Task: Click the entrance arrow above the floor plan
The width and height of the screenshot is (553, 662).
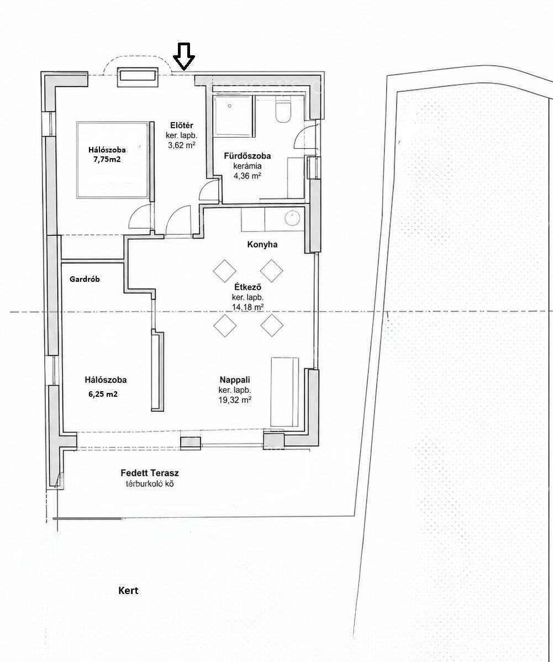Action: pyautogui.click(x=184, y=56)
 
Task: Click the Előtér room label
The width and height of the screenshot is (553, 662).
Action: pyautogui.click(x=182, y=125)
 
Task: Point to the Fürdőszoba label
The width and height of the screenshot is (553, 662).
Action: pyautogui.click(x=247, y=156)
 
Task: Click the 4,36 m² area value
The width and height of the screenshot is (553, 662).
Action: pyautogui.click(x=247, y=176)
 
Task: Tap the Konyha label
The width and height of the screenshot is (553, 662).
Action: pyautogui.click(x=262, y=244)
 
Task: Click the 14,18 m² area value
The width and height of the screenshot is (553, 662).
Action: pyautogui.click(x=248, y=307)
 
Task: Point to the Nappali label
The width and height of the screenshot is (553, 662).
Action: pyautogui.click(x=235, y=379)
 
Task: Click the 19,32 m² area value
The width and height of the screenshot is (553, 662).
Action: pyautogui.click(x=235, y=399)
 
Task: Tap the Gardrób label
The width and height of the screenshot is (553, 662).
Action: pyautogui.click(x=85, y=279)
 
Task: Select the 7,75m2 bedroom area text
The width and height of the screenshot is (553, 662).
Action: pyautogui.click(x=107, y=159)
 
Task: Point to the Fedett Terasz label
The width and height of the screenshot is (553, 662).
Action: pyautogui.click(x=147, y=473)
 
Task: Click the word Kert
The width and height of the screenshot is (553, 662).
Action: pyautogui.click(x=128, y=590)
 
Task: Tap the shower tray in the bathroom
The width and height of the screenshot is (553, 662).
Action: pyautogui.click(x=234, y=115)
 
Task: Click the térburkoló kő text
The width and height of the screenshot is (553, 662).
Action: pyautogui.click(x=147, y=484)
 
